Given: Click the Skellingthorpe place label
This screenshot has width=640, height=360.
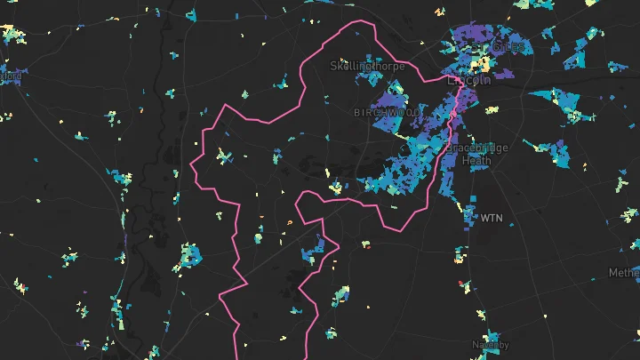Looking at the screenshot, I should [x=362, y=66].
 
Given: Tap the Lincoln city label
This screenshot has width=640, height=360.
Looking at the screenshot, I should [x=469, y=80].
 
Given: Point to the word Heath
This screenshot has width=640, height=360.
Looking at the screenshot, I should [x=475, y=161].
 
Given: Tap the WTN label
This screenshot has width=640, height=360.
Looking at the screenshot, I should [x=492, y=217].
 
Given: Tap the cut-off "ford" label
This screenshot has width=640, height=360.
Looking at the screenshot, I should [x=10, y=76].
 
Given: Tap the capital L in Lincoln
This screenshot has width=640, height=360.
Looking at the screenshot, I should [x=452, y=80].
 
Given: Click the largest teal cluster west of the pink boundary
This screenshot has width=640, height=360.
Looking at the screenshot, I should [x=188, y=256].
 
